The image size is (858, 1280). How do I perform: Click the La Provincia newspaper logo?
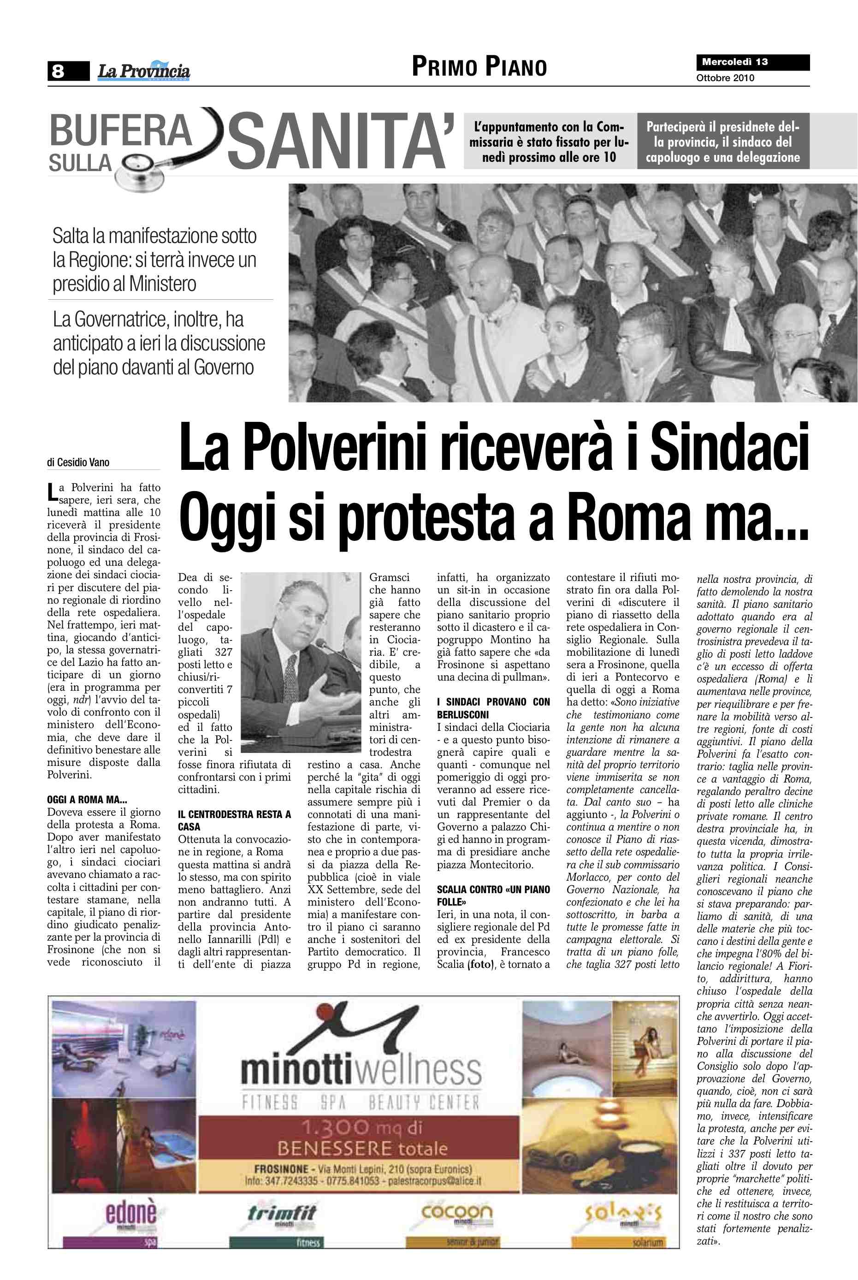click(143, 71)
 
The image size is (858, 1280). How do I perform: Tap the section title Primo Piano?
click(479, 67)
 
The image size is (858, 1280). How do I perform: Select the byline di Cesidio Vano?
click(78, 462)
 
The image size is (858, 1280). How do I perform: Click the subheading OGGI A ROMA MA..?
click(87, 800)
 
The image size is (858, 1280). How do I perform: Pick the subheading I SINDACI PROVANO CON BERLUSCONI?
click(493, 708)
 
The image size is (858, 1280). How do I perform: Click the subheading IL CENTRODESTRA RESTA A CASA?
click(234, 820)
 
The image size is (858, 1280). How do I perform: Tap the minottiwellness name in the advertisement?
click(361, 1070)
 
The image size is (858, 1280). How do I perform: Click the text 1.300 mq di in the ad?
click(361, 1127)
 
